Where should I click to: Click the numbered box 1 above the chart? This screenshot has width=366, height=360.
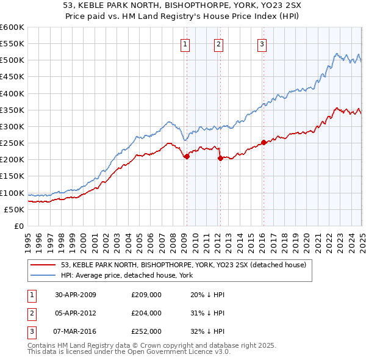(185, 44)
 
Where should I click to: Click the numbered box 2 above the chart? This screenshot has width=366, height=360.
(218, 44)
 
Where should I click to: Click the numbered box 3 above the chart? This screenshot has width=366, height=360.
(262, 44)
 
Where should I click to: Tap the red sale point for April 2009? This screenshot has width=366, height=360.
(187, 157)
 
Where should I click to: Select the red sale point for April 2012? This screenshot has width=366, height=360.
(220, 158)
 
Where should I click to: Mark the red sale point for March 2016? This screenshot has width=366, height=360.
(264, 142)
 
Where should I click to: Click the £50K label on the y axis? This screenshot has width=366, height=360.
(14, 209)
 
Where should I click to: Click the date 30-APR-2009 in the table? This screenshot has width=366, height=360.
(76, 295)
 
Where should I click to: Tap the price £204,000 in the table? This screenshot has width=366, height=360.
(146, 313)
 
